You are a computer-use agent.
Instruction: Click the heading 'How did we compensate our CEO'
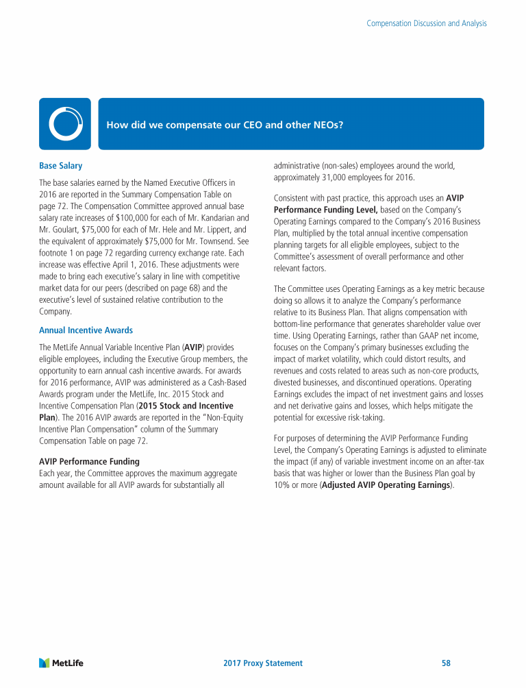pyautogui.click(x=225, y=125)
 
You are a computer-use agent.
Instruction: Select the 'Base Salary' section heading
pyautogui.click(x=60, y=166)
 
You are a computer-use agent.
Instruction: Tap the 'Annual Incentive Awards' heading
pyautogui.click(x=86, y=330)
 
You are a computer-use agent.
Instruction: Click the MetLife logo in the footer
pyautogui.click(x=61, y=663)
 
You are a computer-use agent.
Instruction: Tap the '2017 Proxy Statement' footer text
pyautogui.click(x=263, y=663)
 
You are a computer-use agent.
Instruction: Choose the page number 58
pyautogui.click(x=446, y=663)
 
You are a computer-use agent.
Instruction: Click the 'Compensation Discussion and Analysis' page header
pyautogui.click(x=427, y=23)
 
